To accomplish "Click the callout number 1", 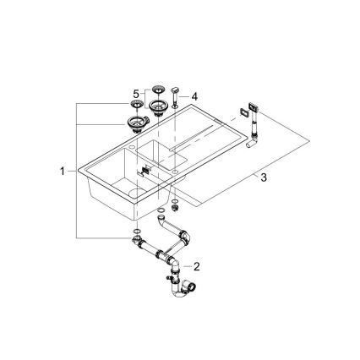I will [x=62, y=171].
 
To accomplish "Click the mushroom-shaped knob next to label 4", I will [x=173, y=90].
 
